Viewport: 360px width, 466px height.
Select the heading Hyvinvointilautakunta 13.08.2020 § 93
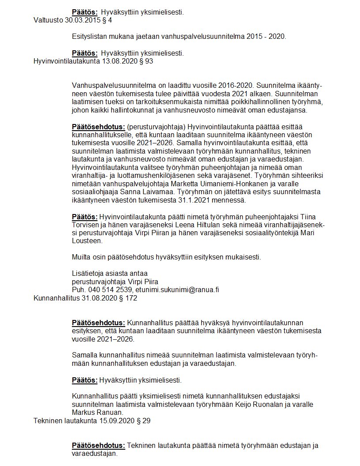coord(94,61)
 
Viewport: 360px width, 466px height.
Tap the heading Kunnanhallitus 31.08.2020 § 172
coord(86,298)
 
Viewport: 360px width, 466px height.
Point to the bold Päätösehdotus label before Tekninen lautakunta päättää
coord(98,445)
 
